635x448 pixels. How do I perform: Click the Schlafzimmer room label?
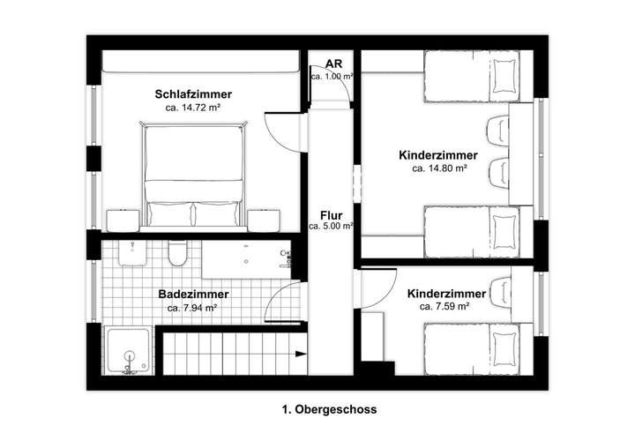coord(193,93)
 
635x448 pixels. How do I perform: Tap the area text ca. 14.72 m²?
coord(193,107)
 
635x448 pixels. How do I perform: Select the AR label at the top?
coord(333,64)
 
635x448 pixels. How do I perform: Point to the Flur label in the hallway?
coord(332,214)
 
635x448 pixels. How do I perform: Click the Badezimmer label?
coord(194,295)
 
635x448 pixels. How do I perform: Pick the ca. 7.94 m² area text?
coord(192,308)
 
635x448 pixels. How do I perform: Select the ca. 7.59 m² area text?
coord(444,307)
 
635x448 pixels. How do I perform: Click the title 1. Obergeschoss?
coord(328,410)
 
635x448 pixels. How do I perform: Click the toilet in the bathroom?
coord(177,256)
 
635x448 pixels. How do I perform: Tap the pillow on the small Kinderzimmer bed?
coord(504,344)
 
